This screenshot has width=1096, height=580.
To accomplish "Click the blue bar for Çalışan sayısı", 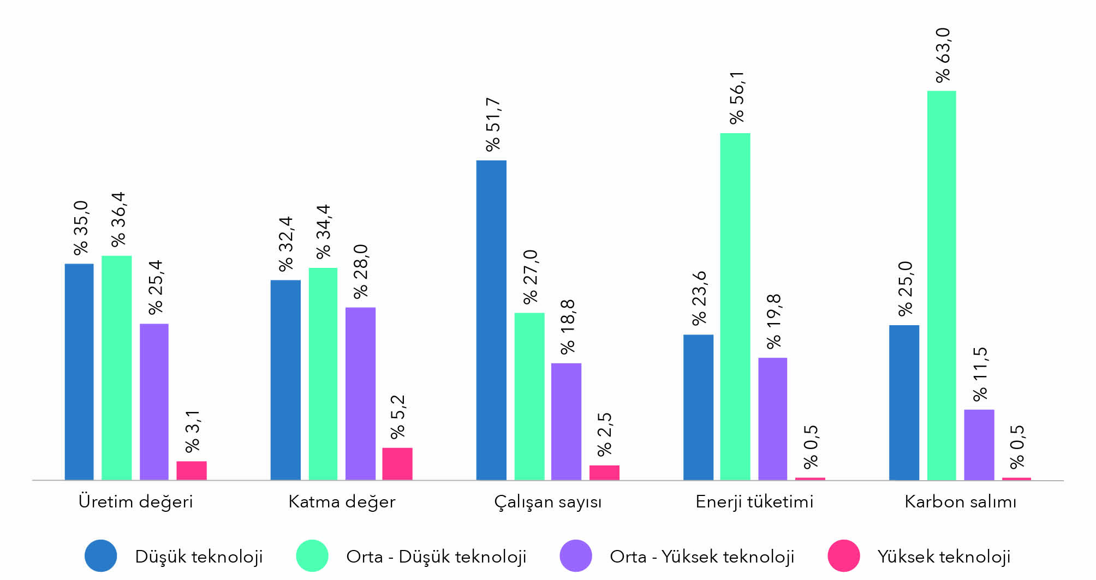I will point(491,320).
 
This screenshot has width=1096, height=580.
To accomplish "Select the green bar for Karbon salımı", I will point(942,285).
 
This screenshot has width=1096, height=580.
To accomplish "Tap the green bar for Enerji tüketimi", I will point(735,307).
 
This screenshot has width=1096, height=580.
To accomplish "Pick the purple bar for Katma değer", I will point(360,393).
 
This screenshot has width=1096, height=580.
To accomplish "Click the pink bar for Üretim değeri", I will point(192,470).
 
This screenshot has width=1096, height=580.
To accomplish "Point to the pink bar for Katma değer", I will point(397,464).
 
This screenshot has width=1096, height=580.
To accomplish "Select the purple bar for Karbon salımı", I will point(979,445).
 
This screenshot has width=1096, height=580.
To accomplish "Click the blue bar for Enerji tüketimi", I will point(698,407).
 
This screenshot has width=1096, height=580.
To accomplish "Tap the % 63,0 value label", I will point(943,55).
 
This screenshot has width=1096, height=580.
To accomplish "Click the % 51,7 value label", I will point(493,124).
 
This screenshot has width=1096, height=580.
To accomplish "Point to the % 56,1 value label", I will point(737,97).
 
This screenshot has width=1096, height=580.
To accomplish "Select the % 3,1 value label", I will point(192,431).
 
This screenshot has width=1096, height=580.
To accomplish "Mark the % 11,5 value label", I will point(980,374).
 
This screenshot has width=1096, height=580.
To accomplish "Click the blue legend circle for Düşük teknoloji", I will point(101,556).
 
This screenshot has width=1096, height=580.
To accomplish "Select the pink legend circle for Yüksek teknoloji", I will point(843,556).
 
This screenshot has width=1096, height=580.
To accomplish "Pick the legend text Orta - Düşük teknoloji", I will point(436,557).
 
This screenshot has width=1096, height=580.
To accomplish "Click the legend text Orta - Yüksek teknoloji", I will point(702,557).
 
